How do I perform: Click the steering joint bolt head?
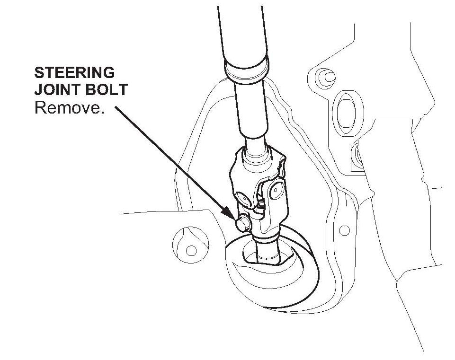coord(242,224)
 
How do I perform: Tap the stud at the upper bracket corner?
coord(326,76)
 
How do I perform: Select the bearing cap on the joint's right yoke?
coord(275,190)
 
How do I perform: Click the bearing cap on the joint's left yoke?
coord(242,197)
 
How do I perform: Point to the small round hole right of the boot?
coord(345,230)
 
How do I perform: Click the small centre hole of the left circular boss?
coord(191,249)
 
